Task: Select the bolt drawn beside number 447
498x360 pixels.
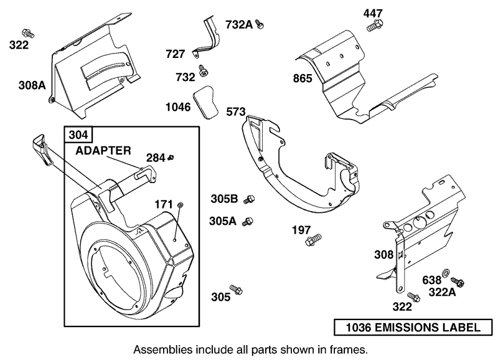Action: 375,26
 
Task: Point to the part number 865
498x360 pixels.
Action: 303,78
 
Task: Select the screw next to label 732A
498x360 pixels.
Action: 261,24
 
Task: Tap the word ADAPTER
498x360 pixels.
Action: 103,151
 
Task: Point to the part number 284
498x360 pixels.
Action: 155,158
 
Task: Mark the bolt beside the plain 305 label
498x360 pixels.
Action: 236,290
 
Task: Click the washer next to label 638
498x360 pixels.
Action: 447,273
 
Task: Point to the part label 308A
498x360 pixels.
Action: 32,85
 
